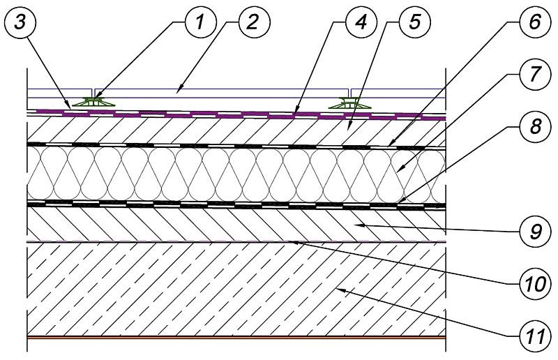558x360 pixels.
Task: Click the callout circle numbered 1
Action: [201, 23]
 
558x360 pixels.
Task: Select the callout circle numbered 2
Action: [255, 23]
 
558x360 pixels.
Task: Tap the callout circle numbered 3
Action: [20, 23]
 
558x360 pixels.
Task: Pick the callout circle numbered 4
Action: [361, 23]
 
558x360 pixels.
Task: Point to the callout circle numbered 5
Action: [414, 23]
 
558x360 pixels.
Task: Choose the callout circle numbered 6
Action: [535, 22]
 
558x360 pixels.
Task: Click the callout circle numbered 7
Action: [535, 74]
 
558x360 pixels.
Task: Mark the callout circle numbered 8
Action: [535, 126]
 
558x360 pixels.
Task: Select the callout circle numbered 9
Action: [535, 232]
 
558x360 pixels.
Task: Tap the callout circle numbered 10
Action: [535, 284]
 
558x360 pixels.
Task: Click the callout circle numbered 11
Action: [535, 336]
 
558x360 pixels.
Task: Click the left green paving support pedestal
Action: [93, 102]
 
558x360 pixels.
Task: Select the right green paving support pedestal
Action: [349, 103]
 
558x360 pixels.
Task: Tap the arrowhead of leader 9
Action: [359, 225]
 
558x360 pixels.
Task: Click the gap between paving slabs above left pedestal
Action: [93, 93]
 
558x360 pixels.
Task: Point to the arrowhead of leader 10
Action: [293, 243]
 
